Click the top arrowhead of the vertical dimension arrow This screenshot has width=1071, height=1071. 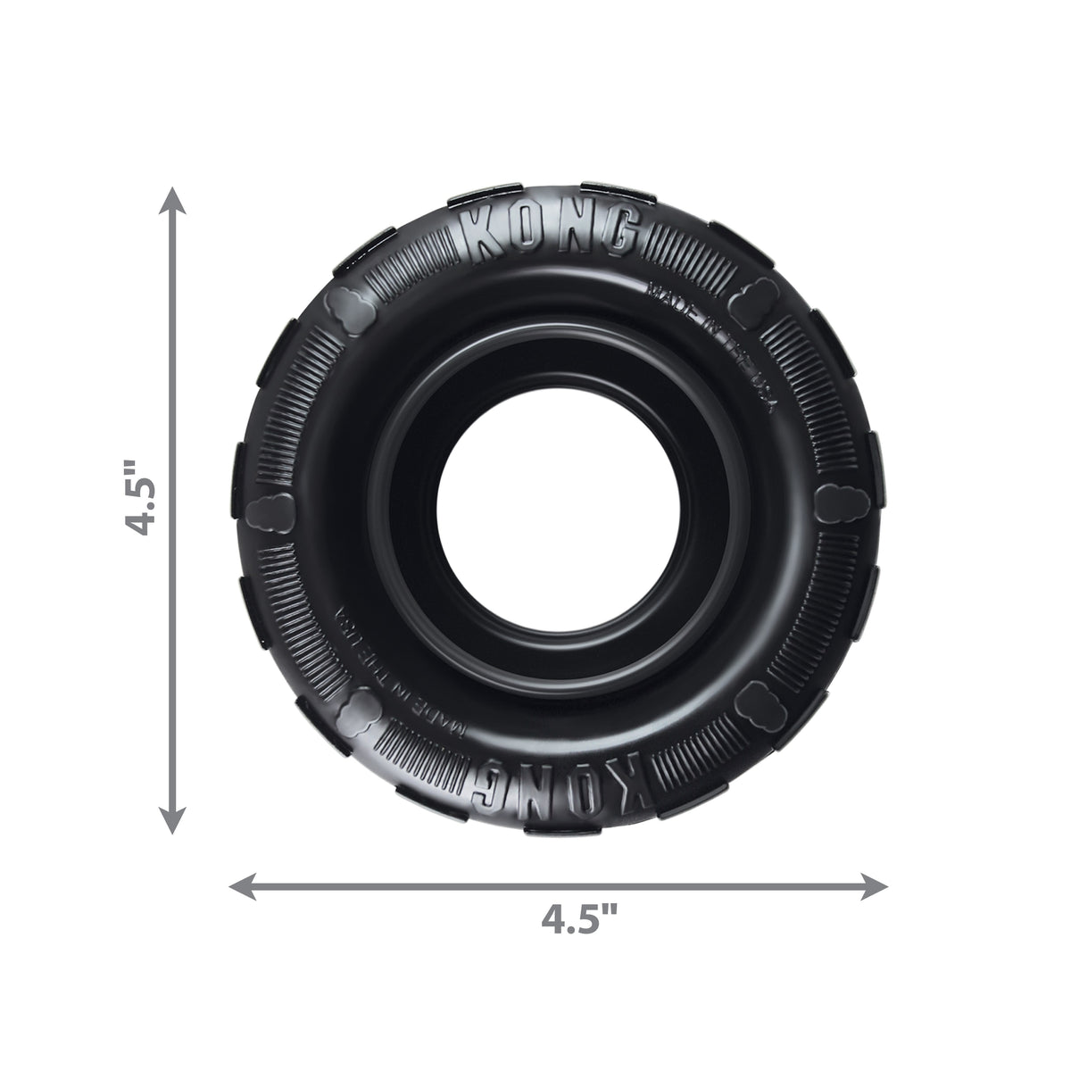tap(173, 202)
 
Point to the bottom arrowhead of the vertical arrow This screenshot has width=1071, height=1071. tap(173, 822)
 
